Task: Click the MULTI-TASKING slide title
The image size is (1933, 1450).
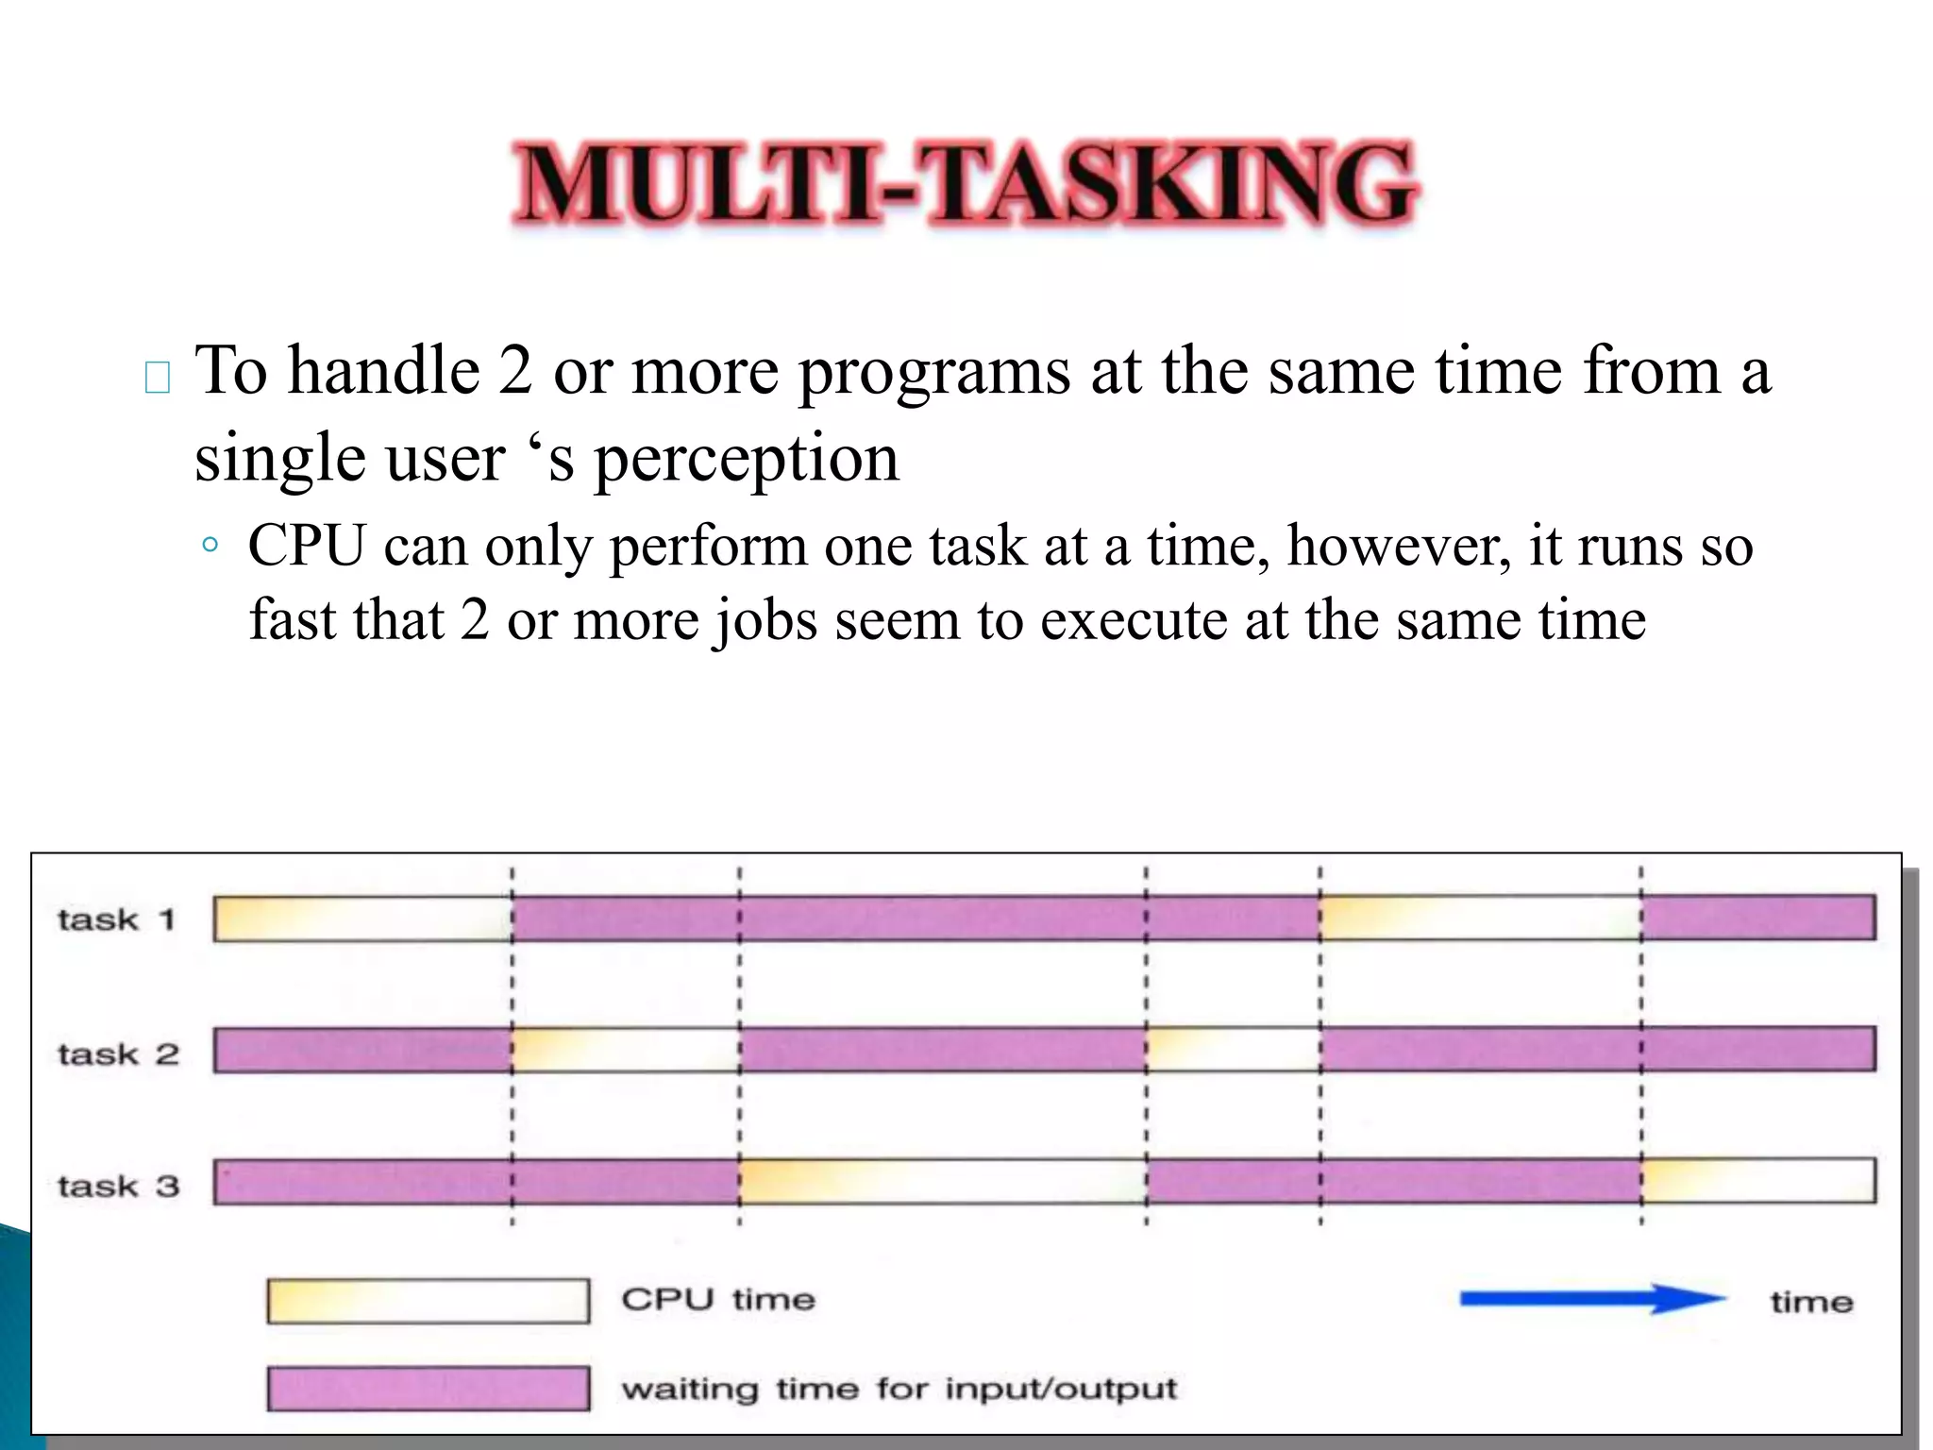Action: [x=965, y=184]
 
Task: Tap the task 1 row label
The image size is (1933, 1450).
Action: [x=116, y=919]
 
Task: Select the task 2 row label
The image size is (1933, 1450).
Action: [x=118, y=1054]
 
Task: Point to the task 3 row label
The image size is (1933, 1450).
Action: [x=118, y=1186]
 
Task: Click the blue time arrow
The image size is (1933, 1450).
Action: [x=1591, y=1299]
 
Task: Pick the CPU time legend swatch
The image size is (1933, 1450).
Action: [x=428, y=1301]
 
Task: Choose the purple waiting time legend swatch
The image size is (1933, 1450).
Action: [x=428, y=1389]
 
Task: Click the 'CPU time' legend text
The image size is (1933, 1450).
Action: [x=718, y=1300]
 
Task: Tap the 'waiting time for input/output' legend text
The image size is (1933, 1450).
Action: [x=899, y=1389]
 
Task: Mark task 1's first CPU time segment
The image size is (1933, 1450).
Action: [x=362, y=919]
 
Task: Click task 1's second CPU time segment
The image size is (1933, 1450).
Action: [x=1480, y=919]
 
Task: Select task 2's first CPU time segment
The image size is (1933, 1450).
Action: [x=626, y=1050]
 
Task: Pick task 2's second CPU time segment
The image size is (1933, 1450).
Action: [x=1233, y=1050]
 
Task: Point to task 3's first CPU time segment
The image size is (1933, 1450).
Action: [x=942, y=1181]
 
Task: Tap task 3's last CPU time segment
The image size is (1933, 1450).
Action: [x=1757, y=1180]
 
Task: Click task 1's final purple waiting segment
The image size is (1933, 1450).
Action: [x=1757, y=918]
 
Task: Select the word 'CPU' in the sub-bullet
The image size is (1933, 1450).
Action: [x=307, y=546]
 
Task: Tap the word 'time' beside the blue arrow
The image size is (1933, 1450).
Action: [x=1811, y=1303]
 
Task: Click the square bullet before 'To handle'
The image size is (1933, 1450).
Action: [x=158, y=378]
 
